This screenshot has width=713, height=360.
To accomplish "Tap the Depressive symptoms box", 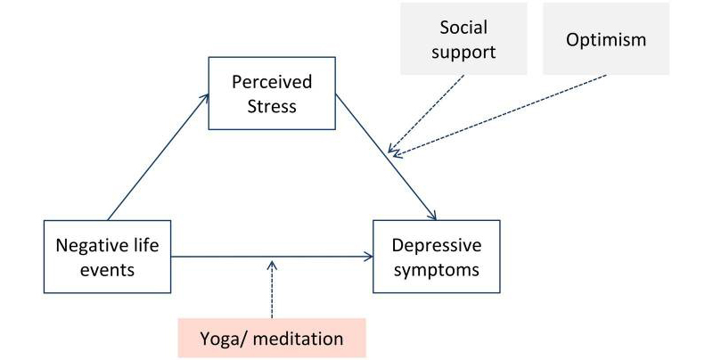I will [x=436, y=256].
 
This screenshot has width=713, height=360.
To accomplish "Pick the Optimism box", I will [x=605, y=39].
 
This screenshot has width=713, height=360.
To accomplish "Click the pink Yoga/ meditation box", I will [x=272, y=339].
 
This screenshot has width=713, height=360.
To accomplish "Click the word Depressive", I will [x=437, y=245].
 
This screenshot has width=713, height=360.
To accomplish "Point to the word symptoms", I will [x=436, y=267].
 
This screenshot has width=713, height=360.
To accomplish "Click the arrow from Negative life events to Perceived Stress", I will [x=157, y=155].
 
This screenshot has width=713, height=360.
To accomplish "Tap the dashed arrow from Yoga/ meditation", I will [x=271, y=290].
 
